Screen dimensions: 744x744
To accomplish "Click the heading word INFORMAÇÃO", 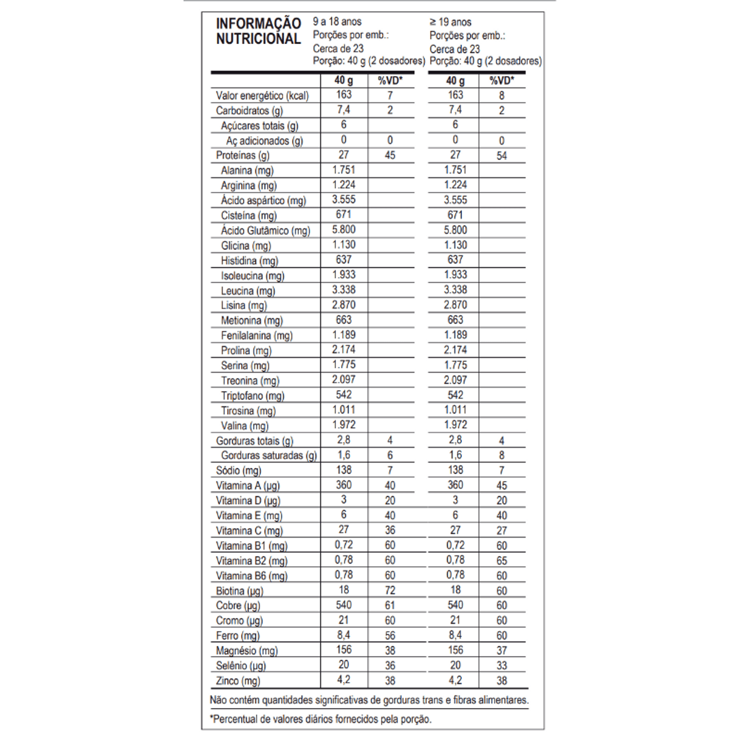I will tap(259, 24).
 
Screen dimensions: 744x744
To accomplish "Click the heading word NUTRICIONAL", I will tap(259, 39).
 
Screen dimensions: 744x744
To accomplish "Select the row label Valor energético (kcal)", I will tap(262, 96).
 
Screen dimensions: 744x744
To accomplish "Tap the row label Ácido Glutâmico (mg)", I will tap(265, 231).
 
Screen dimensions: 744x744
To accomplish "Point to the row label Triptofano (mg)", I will tap(252, 396).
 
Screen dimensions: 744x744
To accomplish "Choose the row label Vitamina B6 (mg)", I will tap(252, 576).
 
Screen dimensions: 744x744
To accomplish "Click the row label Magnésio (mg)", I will tap(247, 651).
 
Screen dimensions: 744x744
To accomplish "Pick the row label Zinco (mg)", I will tap(238, 681).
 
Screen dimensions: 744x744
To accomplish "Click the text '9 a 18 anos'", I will tap(337, 22).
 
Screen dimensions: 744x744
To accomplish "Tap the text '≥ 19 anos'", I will tap(451, 22).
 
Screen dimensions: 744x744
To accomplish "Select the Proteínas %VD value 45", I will tap(390, 155).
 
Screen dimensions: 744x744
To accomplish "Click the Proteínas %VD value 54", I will tap(502, 156).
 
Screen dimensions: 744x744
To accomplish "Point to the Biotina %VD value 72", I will tap(390, 591).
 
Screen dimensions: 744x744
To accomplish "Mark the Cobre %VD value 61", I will tap(390, 606).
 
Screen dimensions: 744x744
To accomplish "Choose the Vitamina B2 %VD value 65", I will tap(502, 560).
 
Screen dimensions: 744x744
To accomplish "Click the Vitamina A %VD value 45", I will tap(502, 485).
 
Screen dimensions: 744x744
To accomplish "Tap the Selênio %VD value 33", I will tap(502, 666).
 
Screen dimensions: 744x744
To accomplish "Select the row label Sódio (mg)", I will tap(239, 471).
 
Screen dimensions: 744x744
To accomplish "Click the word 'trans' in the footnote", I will tap(433, 701).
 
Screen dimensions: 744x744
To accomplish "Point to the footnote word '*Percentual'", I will tap(236, 720).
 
